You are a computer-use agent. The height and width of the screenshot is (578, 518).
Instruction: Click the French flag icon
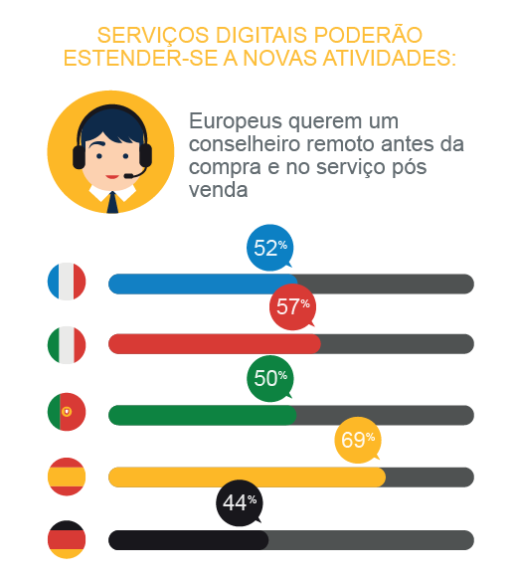[67, 283]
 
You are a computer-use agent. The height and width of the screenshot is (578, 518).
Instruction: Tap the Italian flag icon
[67, 344]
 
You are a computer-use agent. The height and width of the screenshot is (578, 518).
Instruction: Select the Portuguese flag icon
[67, 412]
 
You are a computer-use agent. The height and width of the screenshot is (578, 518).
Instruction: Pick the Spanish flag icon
[67, 477]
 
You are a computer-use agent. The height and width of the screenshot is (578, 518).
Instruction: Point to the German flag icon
[67, 540]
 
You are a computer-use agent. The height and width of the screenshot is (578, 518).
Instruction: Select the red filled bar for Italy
[214, 344]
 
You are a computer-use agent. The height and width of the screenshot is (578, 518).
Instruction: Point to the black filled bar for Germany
[188, 540]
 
